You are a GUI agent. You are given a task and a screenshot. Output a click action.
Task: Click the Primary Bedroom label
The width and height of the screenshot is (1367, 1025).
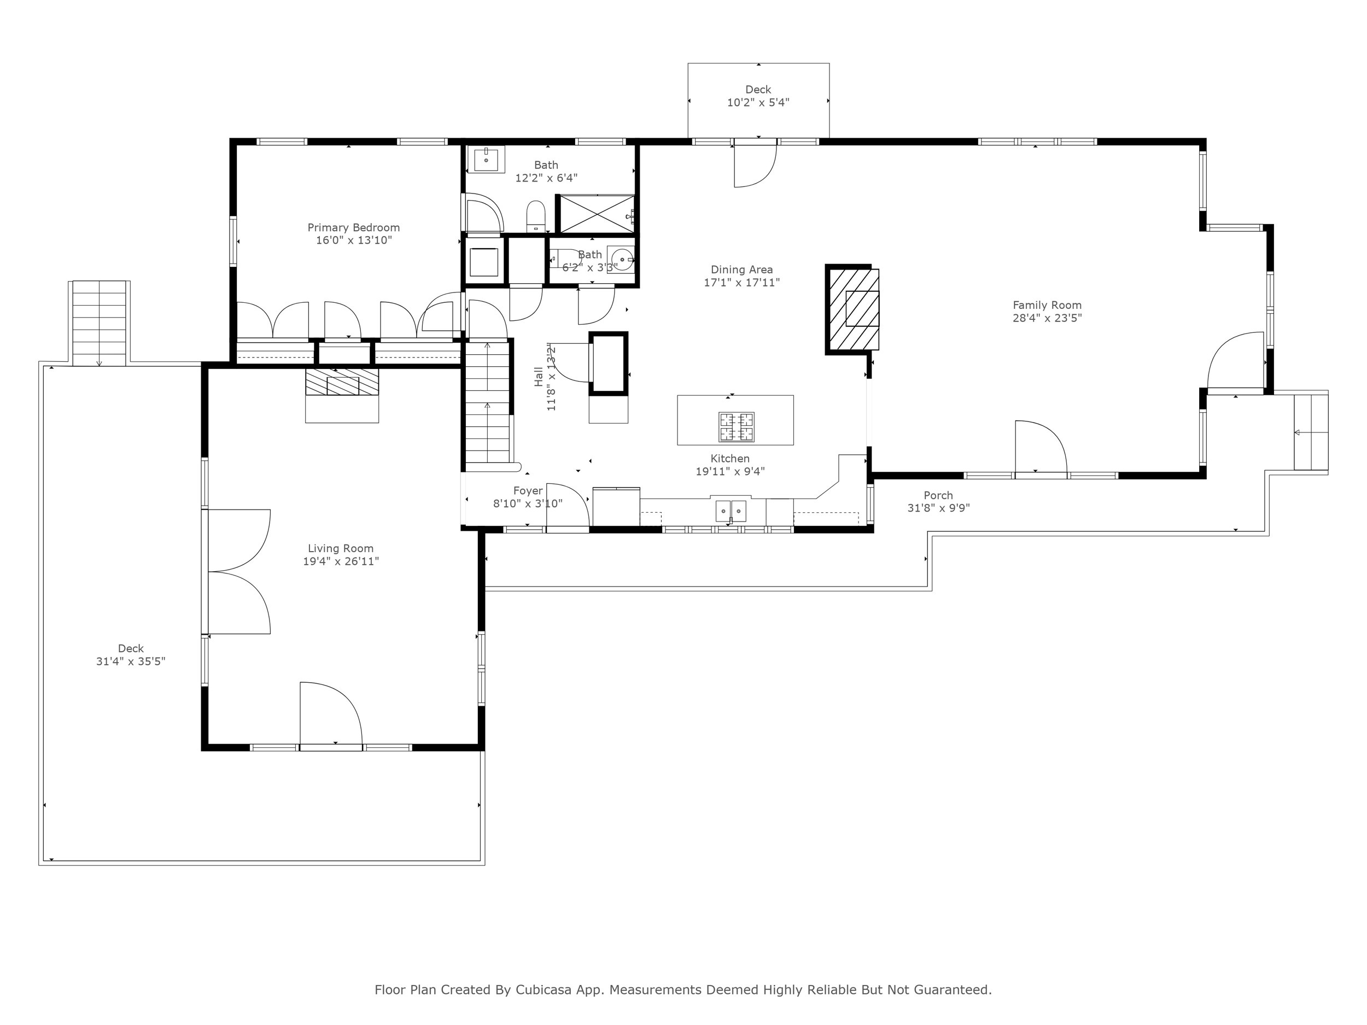(353, 227)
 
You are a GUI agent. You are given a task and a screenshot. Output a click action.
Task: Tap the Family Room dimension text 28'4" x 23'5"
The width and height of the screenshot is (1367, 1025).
(1047, 318)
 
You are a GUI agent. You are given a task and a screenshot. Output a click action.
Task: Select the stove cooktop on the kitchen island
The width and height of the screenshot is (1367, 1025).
(736, 427)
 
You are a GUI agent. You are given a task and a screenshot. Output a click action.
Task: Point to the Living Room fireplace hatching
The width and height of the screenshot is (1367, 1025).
(342, 382)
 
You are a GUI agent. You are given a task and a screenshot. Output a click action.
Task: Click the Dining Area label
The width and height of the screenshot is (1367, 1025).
(741, 270)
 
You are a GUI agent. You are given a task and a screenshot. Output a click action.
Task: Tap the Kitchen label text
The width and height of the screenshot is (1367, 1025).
(730, 459)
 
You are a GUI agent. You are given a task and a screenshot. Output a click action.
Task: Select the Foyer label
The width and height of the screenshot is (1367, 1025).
(528, 490)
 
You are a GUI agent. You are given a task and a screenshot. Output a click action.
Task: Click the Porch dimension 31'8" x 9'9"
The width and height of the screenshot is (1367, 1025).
(938, 508)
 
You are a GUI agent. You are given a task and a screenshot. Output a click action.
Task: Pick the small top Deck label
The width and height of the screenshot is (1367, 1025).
(758, 90)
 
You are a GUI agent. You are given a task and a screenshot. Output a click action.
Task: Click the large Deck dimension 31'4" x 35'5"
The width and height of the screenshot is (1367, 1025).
(130, 661)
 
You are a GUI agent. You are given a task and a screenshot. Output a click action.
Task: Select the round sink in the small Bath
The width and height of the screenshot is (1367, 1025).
(621, 258)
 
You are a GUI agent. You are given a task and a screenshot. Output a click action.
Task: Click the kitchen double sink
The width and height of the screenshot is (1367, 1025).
(731, 511)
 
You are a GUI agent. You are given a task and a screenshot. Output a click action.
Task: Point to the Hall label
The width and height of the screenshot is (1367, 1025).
(538, 377)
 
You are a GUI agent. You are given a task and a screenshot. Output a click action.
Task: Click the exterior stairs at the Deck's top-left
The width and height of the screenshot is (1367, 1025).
(100, 323)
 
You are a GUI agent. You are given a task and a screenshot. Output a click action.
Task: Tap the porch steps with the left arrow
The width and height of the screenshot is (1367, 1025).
(1311, 432)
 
